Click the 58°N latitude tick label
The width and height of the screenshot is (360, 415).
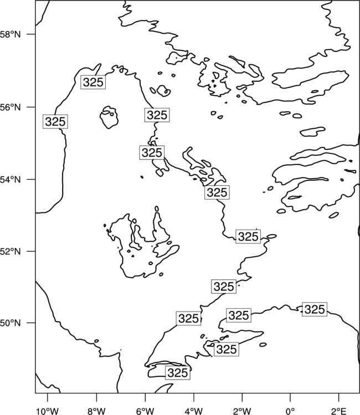point(10,34)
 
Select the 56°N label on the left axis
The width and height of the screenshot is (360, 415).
point(10,107)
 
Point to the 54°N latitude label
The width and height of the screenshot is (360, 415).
point(10,179)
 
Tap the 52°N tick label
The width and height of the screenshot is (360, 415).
point(10,251)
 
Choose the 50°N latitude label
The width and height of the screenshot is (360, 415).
point(10,323)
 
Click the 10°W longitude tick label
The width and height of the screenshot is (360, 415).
point(48,411)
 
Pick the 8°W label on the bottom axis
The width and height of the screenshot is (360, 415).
point(96,411)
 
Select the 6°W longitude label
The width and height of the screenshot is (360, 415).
point(145,411)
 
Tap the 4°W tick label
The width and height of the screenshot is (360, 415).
point(194,411)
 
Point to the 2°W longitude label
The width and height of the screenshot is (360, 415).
point(242,411)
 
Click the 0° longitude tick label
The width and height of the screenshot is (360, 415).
point(290,411)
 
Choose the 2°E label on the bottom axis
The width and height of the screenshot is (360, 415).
point(339,411)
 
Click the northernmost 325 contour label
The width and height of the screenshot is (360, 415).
point(93,82)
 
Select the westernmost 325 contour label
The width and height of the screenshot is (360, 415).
point(55,122)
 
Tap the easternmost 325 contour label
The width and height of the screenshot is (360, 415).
point(315,309)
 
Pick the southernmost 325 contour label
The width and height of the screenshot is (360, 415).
point(178,372)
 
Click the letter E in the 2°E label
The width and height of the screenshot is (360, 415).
point(343,411)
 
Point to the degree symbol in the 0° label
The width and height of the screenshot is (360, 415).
point(293,409)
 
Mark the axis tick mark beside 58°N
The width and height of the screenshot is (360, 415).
point(31,34)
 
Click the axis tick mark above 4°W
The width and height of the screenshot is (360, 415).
point(194,397)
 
